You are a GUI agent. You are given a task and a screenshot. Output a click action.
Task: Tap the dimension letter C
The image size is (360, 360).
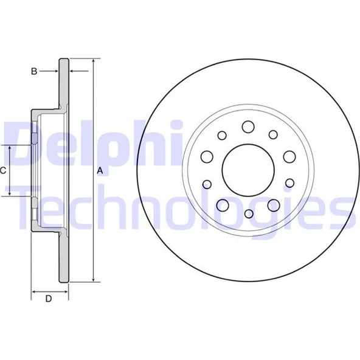point(4,171)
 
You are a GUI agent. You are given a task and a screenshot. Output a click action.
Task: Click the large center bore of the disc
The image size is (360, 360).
point(247,169)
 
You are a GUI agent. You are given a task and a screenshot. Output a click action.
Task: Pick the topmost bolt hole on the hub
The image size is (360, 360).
point(247,127)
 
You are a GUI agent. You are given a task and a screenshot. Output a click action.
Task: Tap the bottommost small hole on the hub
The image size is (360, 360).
point(248,213)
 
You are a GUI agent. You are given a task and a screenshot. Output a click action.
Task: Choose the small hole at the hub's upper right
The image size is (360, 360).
point(273,135)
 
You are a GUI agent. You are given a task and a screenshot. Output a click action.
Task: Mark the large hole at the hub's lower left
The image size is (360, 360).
point(223,205)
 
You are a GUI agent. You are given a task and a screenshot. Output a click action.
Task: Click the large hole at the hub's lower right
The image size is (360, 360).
point(273,205)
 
